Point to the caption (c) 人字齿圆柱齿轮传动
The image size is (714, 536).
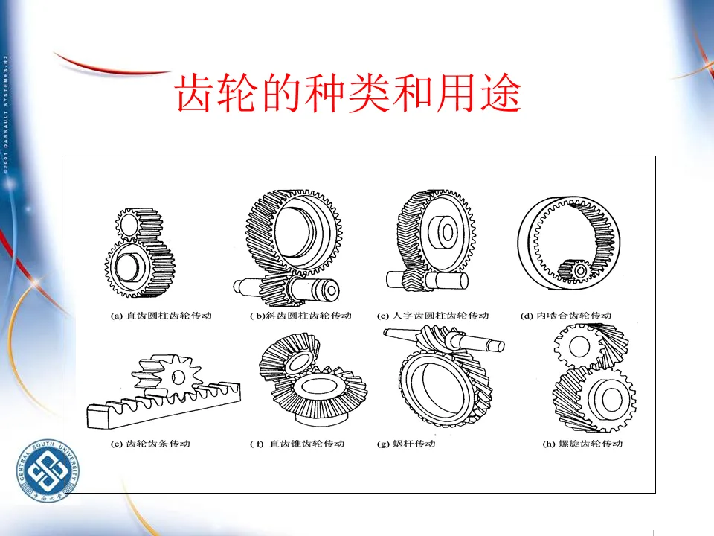tap(433, 316)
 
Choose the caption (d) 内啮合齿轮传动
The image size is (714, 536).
tap(566, 316)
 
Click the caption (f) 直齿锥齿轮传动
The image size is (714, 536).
tap(297, 444)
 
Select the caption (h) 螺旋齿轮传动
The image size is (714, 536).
tap(582, 444)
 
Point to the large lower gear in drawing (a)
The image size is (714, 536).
tap(139, 267)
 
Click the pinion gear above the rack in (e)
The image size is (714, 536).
tap(176, 375)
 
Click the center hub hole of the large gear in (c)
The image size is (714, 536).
tap(447, 232)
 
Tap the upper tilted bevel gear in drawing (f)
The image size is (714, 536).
tap(291, 359)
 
